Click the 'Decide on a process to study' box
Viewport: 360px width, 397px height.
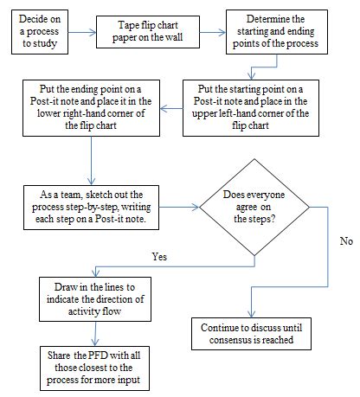[x=40, y=32]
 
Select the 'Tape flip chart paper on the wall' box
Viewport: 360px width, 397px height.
[x=148, y=32]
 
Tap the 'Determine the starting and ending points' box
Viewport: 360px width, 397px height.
[x=277, y=32]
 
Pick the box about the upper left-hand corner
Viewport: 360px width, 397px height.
[x=251, y=108]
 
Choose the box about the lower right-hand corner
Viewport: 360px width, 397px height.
[x=91, y=108]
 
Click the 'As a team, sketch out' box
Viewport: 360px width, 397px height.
[x=91, y=208]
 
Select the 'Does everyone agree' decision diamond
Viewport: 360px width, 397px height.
[x=254, y=207]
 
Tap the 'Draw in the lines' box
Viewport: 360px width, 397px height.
[x=95, y=299]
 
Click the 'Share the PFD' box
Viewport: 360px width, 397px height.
[x=94, y=368]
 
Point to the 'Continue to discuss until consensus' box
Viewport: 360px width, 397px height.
[x=251, y=334]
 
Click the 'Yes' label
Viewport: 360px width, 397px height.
[x=159, y=257]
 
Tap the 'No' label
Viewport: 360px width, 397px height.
[x=346, y=241]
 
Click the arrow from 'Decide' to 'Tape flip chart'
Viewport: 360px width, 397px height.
[x=82, y=32]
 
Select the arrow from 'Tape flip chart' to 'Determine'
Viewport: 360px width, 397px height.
[x=213, y=32]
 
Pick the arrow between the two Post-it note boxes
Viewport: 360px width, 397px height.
[x=171, y=109]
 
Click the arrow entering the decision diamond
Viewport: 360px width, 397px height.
[x=179, y=207]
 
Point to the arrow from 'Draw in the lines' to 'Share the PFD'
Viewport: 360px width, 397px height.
[x=95, y=334]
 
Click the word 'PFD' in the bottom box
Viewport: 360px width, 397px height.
[x=98, y=355]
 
